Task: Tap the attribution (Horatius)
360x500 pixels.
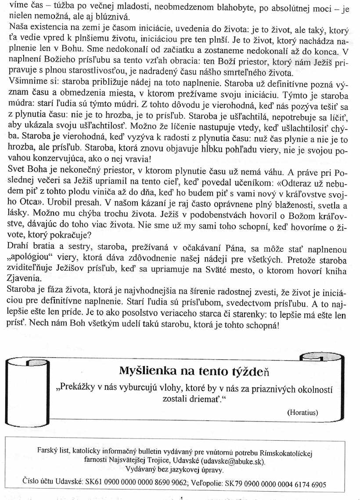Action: coord(302,412)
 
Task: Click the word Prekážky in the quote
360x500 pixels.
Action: coord(79,389)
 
